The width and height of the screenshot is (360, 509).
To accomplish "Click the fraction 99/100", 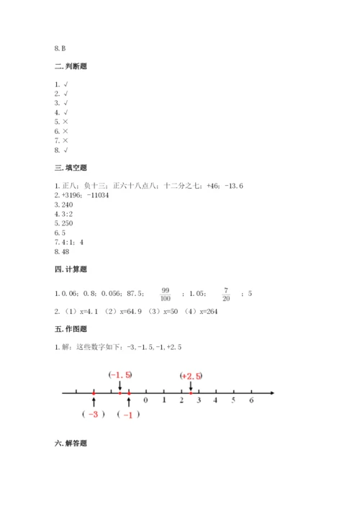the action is pos(166,293).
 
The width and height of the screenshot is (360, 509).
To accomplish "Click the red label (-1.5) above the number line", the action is pos(120,375).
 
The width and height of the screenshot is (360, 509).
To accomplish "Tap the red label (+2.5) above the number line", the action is pos(191,375).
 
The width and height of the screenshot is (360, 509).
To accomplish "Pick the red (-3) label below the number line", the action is pos(94,415).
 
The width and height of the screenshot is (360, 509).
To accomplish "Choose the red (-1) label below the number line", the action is pos(128,415).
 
